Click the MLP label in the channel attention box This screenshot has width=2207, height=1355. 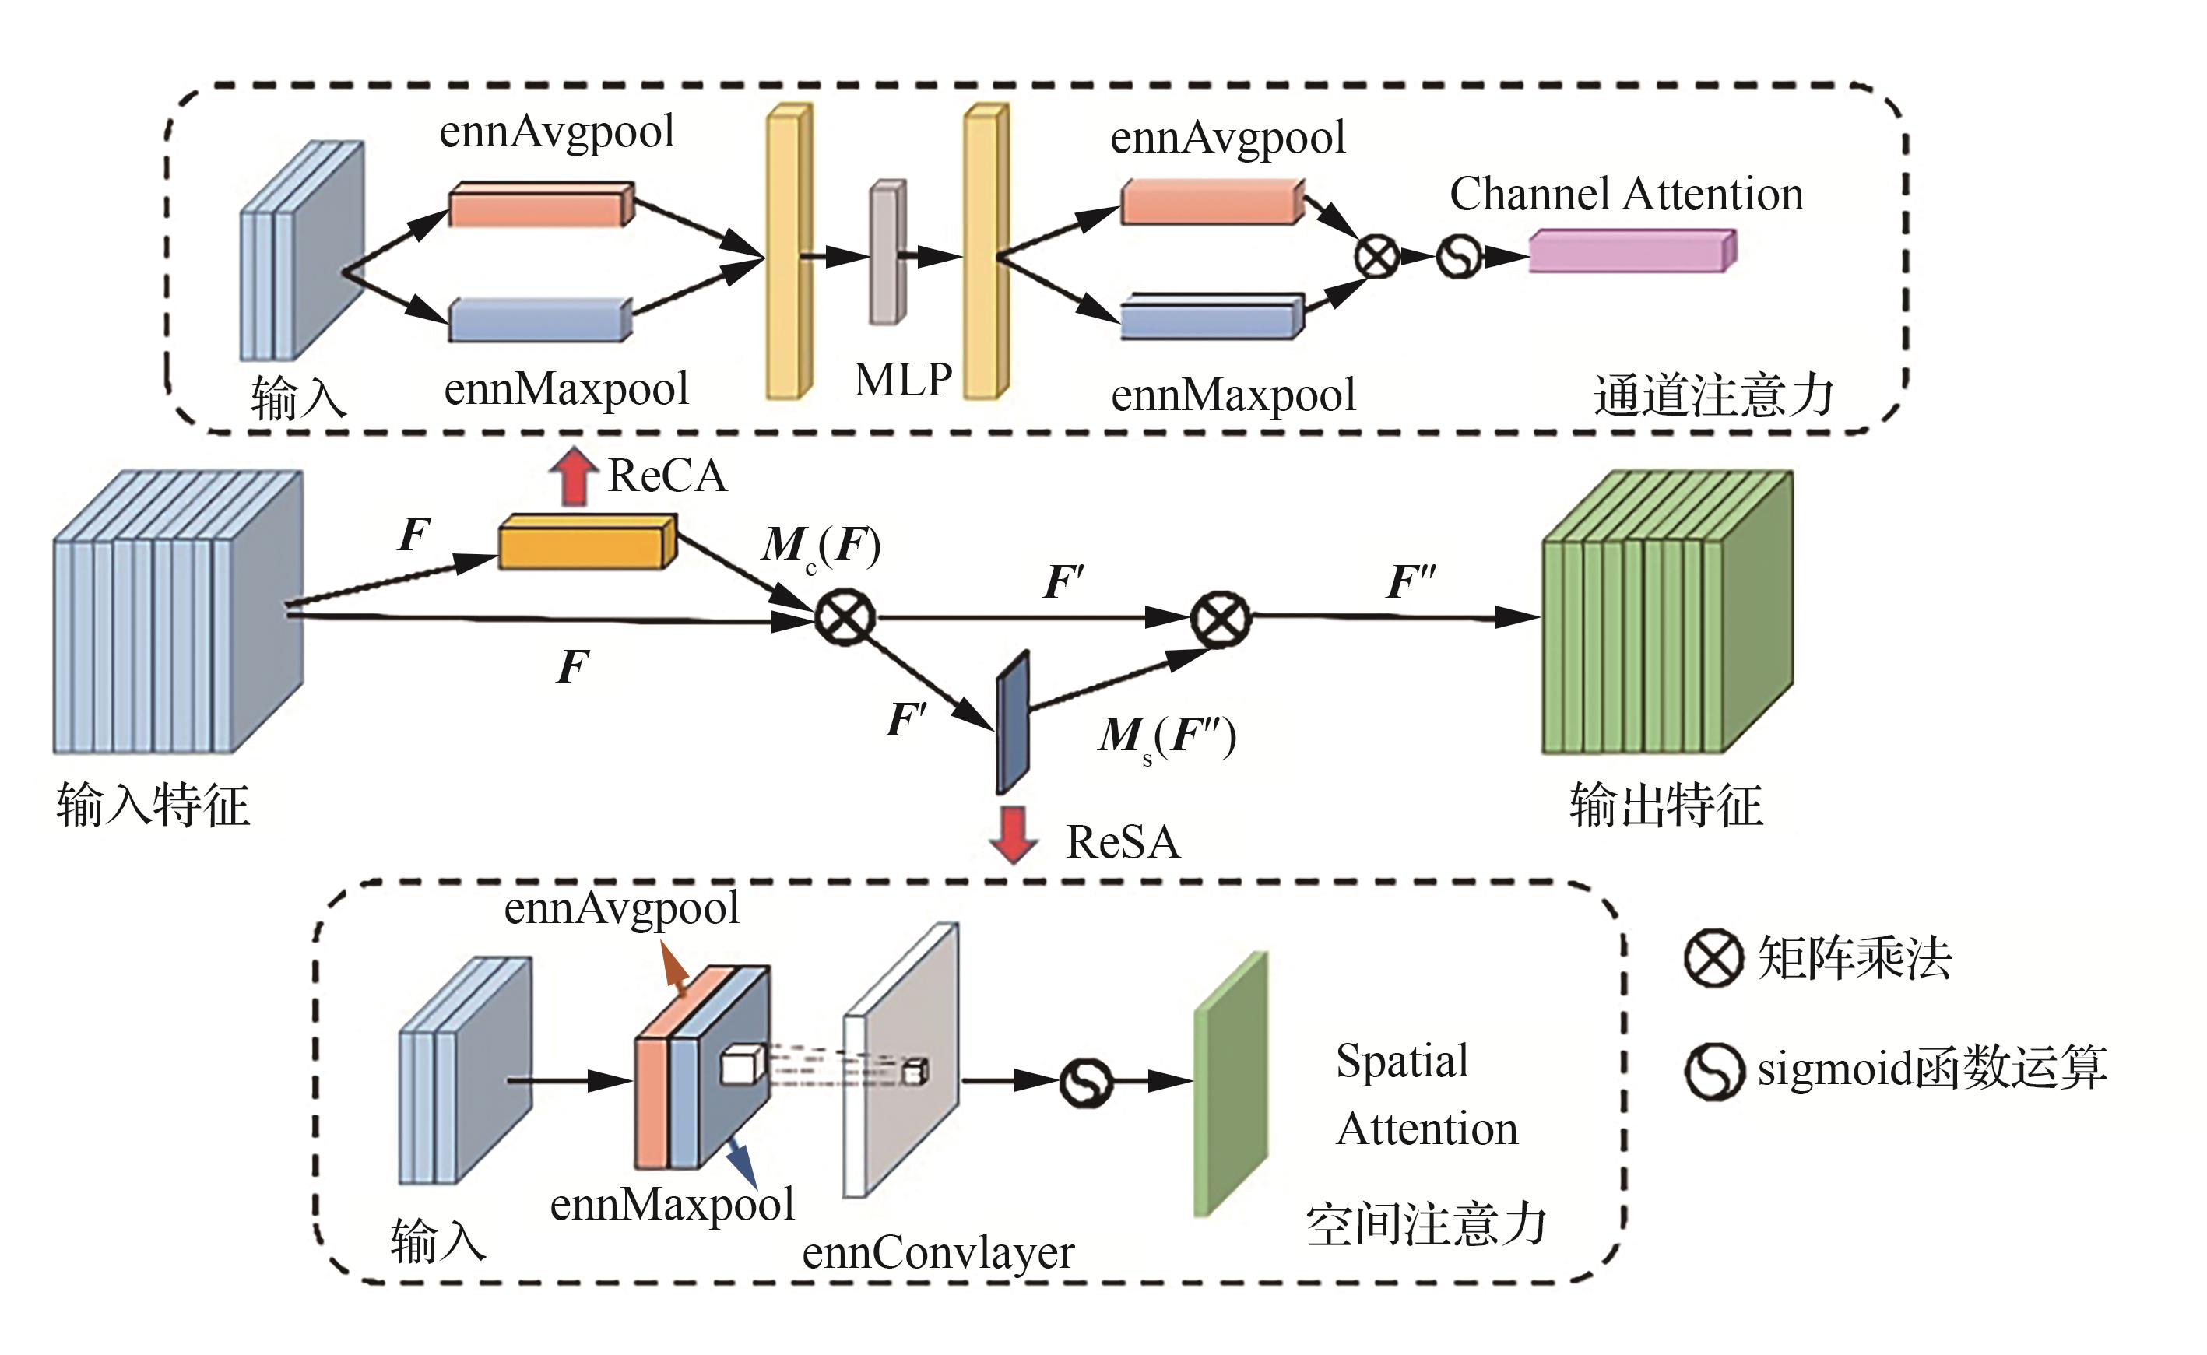click(x=903, y=380)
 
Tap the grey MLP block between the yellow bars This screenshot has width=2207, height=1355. click(x=887, y=253)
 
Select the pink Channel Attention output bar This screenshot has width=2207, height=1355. click(x=1632, y=251)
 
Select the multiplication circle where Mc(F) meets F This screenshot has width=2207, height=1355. click(x=845, y=617)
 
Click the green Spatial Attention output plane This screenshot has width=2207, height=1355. click(x=1231, y=1084)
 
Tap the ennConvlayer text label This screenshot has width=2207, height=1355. click(x=937, y=1253)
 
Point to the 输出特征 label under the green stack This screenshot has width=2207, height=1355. click(x=1665, y=805)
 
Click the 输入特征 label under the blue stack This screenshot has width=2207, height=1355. click(x=153, y=805)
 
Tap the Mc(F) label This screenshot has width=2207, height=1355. click(x=821, y=545)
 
